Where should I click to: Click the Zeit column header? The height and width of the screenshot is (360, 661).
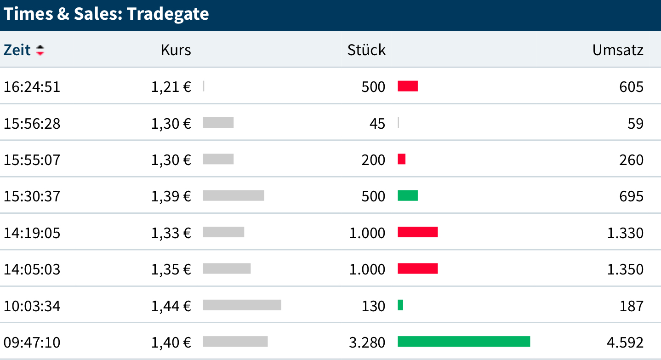(17, 50)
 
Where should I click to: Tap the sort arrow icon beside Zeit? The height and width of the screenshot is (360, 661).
(40, 50)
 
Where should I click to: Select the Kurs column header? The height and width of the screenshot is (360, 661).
(176, 50)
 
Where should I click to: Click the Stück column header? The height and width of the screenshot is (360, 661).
(366, 50)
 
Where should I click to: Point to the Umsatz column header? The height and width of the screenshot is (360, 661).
(618, 50)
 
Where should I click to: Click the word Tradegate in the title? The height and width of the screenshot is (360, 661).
(168, 14)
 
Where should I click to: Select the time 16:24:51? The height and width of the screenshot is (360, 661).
(32, 86)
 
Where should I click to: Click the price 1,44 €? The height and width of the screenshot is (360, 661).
(171, 305)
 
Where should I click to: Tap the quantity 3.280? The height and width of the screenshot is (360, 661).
(367, 342)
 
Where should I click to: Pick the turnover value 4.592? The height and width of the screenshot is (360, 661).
(625, 342)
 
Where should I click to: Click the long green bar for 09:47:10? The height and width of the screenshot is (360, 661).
(463, 342)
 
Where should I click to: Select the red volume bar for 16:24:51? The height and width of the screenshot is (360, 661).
(407, 86)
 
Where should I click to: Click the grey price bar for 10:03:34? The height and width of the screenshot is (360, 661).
(242, 305)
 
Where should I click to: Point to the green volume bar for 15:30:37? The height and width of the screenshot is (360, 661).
(407, 195)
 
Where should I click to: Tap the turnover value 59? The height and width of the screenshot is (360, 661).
(635, 123)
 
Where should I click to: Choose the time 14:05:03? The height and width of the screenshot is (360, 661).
(32, 269)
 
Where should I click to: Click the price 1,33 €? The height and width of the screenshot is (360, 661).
(171, 233)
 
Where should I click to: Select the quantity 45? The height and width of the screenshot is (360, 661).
(377, 123)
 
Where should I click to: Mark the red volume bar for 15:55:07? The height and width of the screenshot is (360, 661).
(401, 159)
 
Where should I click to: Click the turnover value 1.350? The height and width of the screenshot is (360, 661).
(625, 269)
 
